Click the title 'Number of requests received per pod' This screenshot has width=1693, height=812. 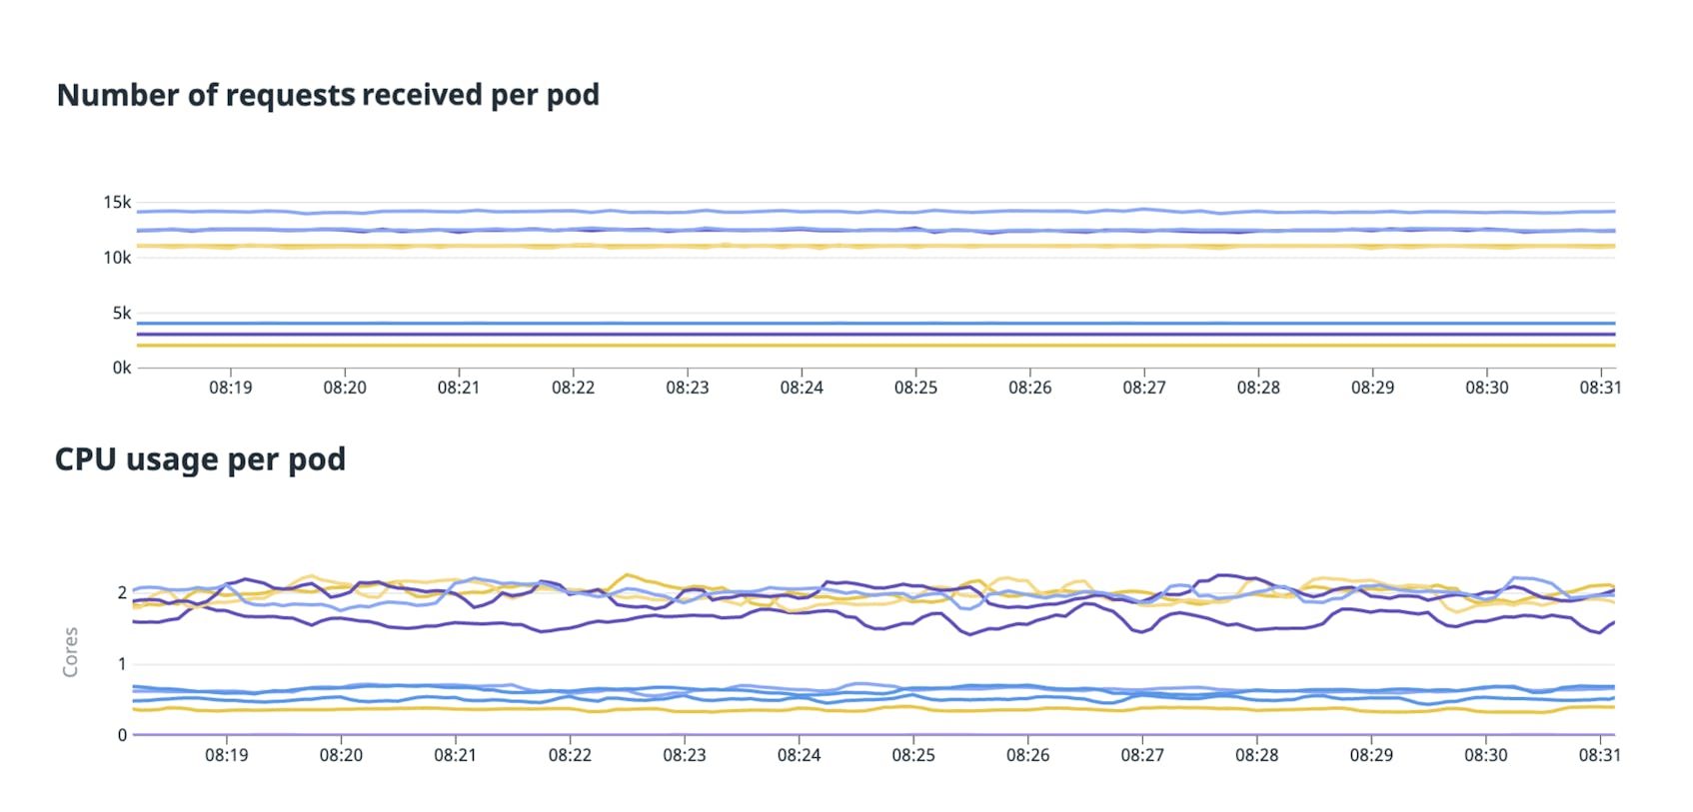click(328, 95)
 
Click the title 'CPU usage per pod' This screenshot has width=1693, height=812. click(200, 459)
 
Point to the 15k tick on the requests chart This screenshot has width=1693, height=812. click(117, 203)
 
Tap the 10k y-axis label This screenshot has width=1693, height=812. click(117, 258)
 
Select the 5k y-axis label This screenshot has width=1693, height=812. click(121, 314)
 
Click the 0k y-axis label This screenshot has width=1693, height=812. click(121, 368)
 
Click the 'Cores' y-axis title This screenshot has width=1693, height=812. click(70, 652)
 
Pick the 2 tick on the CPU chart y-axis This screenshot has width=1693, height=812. click(122, 593)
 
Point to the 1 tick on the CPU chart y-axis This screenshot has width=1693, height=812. click(122, 664)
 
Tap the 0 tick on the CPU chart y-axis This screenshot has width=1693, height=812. click(122, 735)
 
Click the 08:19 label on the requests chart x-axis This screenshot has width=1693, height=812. click(230, 388)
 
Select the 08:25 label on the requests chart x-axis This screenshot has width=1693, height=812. click(915, 388)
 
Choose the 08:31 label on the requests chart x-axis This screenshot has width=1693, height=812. click(1600, 388)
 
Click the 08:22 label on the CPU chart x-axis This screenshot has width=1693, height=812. click(570, 755)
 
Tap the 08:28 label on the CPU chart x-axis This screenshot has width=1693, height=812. click(1256, 755)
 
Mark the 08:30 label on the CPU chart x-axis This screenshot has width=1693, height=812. click(1485, 755)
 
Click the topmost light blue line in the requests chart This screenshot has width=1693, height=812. click(800, 212)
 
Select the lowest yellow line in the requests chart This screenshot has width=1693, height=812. click(800, 346)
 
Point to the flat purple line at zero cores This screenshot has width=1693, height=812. click(800, 734)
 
